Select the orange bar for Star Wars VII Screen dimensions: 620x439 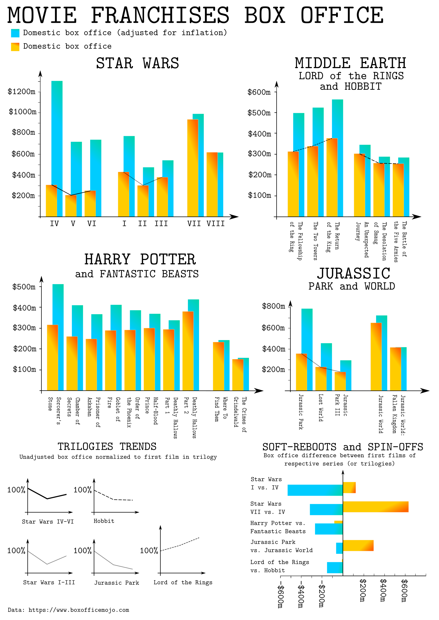click(x=192, y=168)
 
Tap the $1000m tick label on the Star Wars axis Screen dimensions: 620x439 click(x=23, y=112)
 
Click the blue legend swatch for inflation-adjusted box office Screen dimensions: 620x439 click(x=15, y=33)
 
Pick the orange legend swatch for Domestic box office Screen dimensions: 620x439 click(x=15, y=47)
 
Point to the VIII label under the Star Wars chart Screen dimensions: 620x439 click(x=216, y=224)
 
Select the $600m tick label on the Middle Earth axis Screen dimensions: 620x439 click(x=259, y=92)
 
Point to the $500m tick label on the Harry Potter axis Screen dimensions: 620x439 click(x=24, y=287)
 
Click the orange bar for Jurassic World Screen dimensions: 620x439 click(x=376, y=357)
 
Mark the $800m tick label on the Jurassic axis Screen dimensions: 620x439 click(x=273, y=306)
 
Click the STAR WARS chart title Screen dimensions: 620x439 click(x=137, y=63)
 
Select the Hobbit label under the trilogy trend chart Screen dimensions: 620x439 click(x=104, y=521)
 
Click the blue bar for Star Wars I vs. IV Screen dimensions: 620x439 click(x=315, y=490)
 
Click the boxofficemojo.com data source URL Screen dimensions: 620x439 click(x=78, y=610)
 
